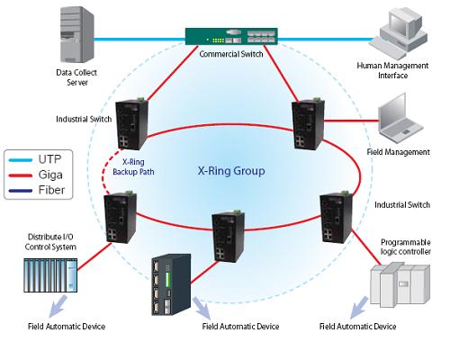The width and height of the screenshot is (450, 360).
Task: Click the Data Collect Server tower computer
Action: [77, 34]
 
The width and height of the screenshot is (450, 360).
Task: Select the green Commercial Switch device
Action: [231, 36]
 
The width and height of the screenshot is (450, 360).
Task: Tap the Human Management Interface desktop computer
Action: [398, 33]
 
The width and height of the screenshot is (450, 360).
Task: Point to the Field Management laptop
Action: [400, 119]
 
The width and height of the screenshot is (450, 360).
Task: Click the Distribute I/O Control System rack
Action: [50, 275]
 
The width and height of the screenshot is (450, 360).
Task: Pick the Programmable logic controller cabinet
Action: [400, 284]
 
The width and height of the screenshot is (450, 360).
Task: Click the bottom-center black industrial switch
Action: [228, 236]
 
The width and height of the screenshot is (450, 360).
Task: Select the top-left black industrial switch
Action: [131, 123]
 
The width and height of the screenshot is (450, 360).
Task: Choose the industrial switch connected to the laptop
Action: [308, 123]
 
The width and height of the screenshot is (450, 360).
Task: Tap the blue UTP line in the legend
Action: [21, 160]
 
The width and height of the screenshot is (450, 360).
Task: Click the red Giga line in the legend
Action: [21, 175]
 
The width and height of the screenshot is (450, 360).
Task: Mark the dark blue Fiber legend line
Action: [21, 191]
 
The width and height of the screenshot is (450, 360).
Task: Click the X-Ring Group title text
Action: [231, 171]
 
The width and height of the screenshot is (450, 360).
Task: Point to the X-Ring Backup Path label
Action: [133, 166]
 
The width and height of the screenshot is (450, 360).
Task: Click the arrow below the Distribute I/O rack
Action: [58, 306]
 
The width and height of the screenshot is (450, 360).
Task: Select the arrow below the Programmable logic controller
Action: [359, 308]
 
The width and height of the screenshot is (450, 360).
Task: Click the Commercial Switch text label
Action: [231, 54]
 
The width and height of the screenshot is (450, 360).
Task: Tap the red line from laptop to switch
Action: [352, 121]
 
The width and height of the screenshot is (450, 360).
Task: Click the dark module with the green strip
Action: [171, 284]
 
